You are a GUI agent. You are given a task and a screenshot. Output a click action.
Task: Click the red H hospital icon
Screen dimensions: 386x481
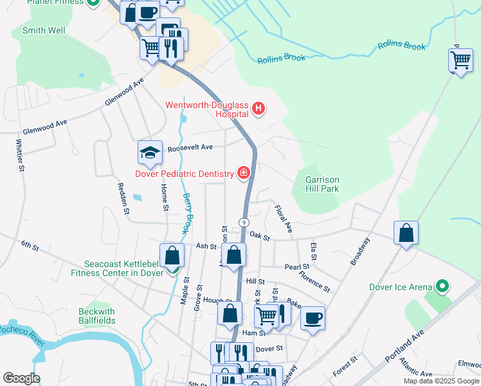tap(258, 109)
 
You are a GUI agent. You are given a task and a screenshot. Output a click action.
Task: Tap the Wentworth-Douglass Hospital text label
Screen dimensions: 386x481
tap(207, 109)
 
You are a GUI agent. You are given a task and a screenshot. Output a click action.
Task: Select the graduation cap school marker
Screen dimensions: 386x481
tap(150, 152)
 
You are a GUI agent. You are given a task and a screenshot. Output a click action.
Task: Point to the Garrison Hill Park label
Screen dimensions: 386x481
tap(322, 184)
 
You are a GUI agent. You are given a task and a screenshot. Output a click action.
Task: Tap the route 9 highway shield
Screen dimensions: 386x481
tap(244, 221)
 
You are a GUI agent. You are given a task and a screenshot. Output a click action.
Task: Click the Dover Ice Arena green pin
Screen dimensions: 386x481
tap(441, 285)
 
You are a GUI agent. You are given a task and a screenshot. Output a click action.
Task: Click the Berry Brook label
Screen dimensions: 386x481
tap(187, 213)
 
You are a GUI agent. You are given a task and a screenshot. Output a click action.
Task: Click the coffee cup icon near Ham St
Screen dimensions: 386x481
tap(313, 318)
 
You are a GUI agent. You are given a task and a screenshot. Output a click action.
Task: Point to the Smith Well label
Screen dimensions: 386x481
tap(43, 30)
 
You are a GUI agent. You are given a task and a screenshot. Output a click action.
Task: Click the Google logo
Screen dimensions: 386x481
tap(21, 378)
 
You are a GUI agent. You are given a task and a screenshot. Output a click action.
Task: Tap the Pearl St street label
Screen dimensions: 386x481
tap(297, 266)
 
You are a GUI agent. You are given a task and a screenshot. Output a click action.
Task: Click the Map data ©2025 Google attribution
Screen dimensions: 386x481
tap(440, 381)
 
